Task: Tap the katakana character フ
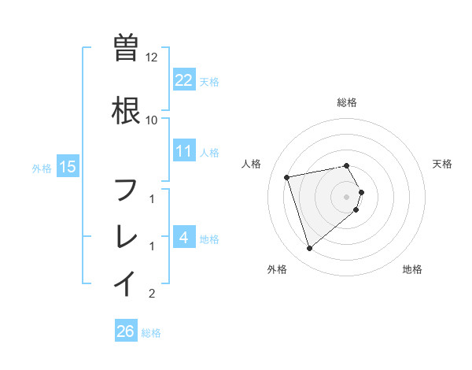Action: click(x=126, y=190)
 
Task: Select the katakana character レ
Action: click(x=126, y=235)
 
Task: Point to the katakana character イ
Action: click(x=126, y=282)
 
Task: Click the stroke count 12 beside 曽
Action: click(x=153, y=57)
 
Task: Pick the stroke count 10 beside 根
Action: click(x=151, y=120)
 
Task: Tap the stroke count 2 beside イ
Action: click(x=152, y=294)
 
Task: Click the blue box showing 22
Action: click(x=183, y=80)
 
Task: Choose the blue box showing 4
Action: click(x=183, y=237)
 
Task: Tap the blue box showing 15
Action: click(x=68, y=167)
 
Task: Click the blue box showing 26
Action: click(x=126, y=331)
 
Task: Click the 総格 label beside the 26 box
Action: click(x=151, y=333)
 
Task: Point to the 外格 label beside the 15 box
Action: click(x=42, y=168)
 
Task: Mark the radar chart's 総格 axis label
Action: click(x=347, y=102)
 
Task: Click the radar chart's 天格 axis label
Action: click(x=443, y=164)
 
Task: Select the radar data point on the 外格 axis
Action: click(x=309, y=249)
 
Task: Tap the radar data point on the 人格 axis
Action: click(x=287, y=176)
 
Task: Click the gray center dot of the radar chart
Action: click(x=347, y=196)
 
